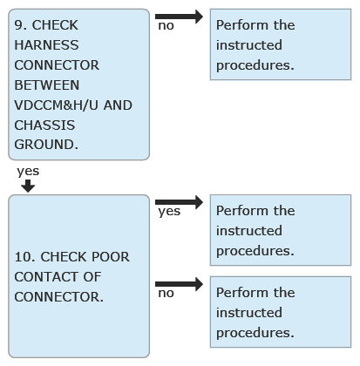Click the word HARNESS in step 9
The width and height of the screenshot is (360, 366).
click(x=46, y=45)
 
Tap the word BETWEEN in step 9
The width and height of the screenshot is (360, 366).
click(x=47, y=85)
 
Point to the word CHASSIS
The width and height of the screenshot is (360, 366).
click(x=44, y=125)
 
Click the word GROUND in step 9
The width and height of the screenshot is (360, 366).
click(x=46, y=145)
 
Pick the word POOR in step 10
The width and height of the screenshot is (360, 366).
click(x=111, y=257)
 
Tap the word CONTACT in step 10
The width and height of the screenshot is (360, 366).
click(x=47, y=277)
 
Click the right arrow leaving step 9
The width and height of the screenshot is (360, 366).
click(x=179, y=17)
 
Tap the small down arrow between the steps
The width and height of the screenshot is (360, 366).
click(x=28, y=186)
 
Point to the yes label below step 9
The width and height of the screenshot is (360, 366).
click(x=28, y=172)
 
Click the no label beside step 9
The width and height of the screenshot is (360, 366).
click(x=166, y=26)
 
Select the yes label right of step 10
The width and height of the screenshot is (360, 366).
click(x=169, y=212)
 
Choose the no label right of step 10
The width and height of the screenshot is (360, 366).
click(x=166, y=294)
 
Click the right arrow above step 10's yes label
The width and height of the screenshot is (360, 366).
click(x=179, y=202)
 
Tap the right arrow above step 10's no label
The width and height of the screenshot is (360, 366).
click(x=179, y=284)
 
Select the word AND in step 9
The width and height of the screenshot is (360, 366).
click(x=118, y=105)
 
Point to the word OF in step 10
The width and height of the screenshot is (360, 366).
click(x=92, y=277)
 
